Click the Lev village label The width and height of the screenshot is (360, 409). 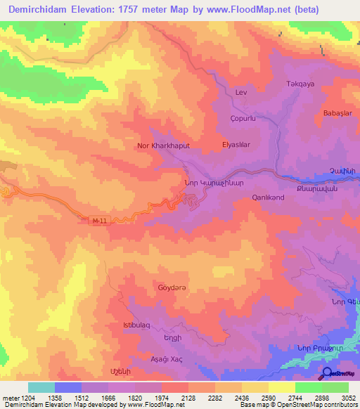pos(241,93)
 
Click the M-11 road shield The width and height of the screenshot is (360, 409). pos(102,220)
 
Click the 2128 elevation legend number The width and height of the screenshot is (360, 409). pos(188,397)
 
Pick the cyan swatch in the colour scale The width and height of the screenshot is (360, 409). pos(41,387)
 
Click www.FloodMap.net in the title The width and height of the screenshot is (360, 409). pos(231,10)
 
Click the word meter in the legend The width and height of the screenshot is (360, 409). pos(10,397)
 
